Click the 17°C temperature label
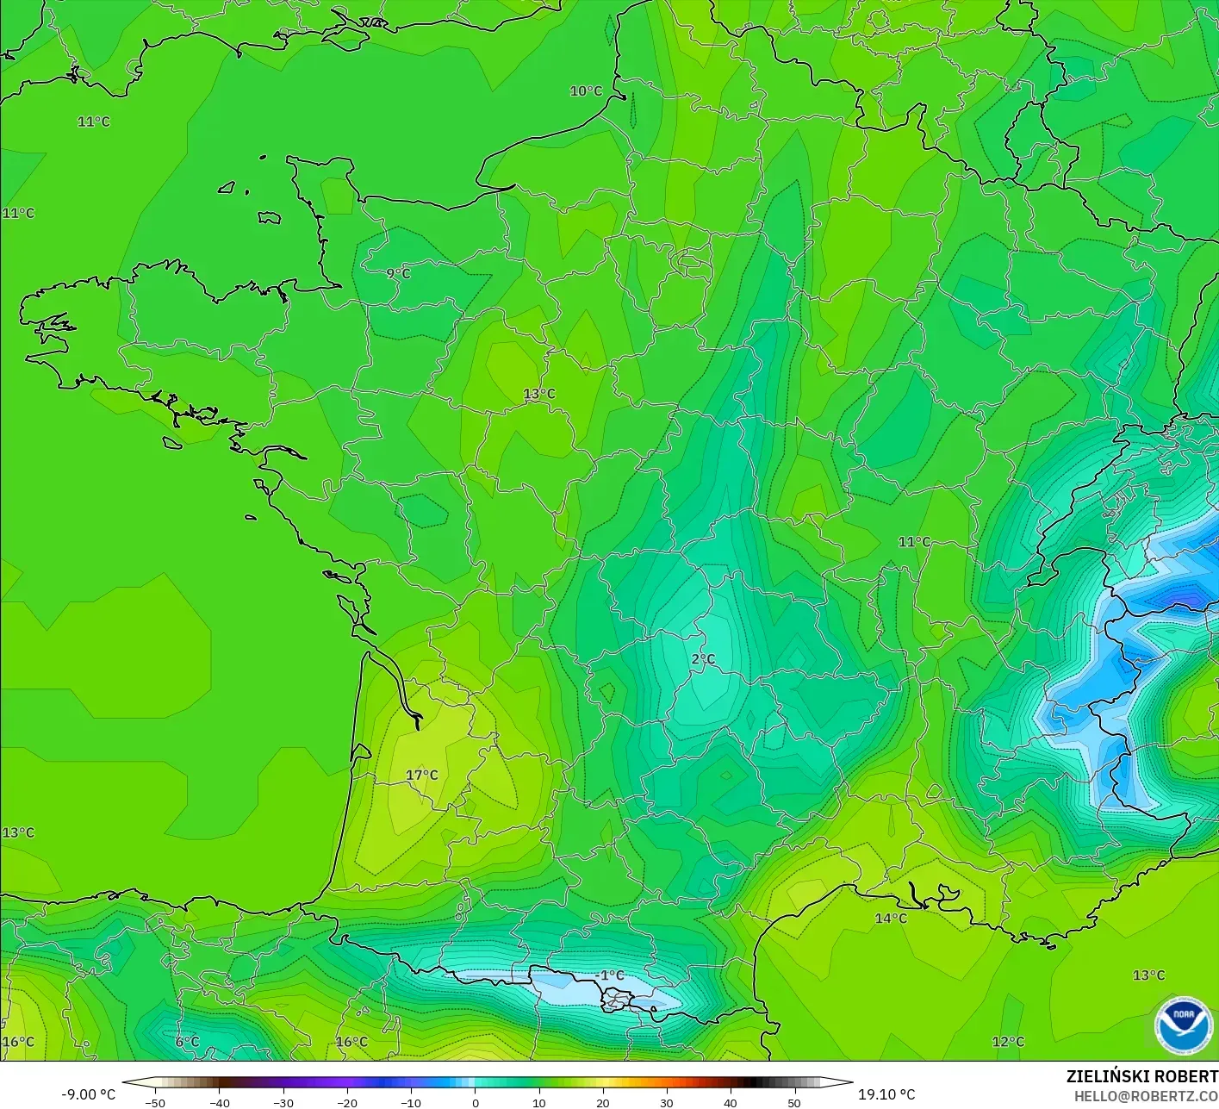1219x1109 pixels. (x=422, y=775)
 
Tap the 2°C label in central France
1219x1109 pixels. (x=703, y=659)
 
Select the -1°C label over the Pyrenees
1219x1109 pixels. (x=609, y=975)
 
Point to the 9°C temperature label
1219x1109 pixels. (x=398, y=273)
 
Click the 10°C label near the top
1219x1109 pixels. (x=586, y=90)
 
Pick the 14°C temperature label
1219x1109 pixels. (x=891, y=918)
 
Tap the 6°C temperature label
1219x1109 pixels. (x=187, y=1041)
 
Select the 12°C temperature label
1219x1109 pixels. (x=1008, y=1041)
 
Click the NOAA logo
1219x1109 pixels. (x=1184, y=1025)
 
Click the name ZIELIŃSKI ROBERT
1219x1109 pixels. (x=1141, y=1076)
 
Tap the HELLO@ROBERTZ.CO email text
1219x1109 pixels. (x=1146, y=1095)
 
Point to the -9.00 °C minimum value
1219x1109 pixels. (x=88, y=1094)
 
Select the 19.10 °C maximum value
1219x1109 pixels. (x=886, y=1094)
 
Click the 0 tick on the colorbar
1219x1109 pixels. (x=475, y=1102)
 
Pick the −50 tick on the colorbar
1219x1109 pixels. (x=155, y=1102)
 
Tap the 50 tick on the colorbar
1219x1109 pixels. (x=793, y=1102)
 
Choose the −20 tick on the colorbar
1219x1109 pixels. (x=346, y=1102)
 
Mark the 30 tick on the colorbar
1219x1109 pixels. (x=666, y=1102)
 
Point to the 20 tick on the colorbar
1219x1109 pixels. (x=602, y=1102)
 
